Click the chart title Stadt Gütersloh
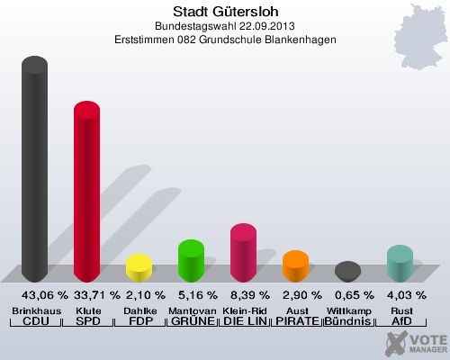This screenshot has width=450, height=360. tap(224, 10)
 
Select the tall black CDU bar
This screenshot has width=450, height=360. tap(35, 171)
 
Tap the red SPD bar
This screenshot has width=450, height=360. tap(86, 193)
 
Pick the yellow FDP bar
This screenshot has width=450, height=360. tap(139, 268)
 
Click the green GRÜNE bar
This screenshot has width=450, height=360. tap(191, 261)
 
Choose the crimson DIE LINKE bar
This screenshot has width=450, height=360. tap(243, 253)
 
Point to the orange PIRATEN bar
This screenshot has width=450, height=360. tap(295, 266)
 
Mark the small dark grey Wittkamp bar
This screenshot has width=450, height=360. tap(347, 272)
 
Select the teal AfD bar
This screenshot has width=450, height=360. tap(400, 264)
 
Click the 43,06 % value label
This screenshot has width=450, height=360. tap(35, 295)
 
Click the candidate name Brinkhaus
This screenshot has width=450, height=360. tap(35, 310)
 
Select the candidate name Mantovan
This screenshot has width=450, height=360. tap(191, 310)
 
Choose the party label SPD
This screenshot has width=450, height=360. tap(86, 321)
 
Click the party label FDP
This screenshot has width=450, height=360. tap(139, 321)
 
